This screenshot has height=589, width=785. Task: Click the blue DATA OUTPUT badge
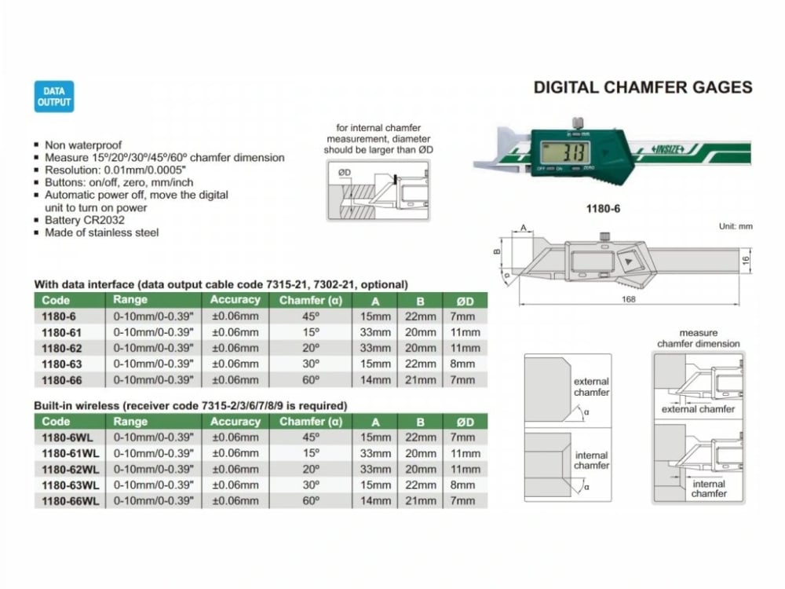click(x=54, y=97)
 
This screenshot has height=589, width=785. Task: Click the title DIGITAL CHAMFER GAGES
click(x=643, y=87)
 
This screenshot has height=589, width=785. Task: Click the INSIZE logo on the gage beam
click(x=666, y=148)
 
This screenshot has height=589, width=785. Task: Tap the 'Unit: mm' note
click(x=735, y=226)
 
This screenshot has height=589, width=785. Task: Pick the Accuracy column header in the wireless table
click(x=235, y=422)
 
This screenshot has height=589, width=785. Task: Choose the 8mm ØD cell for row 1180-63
click(x=463, y=364)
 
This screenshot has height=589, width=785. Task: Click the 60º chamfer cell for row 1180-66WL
click(x=312, y=500)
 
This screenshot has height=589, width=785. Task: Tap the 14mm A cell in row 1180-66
click(x=375, y=379)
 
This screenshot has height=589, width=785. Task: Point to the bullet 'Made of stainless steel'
click(x=101, y=232)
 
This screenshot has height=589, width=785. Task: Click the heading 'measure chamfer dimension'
click(x=698, y=338)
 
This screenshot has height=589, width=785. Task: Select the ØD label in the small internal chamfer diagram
click(x=345, y=172)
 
